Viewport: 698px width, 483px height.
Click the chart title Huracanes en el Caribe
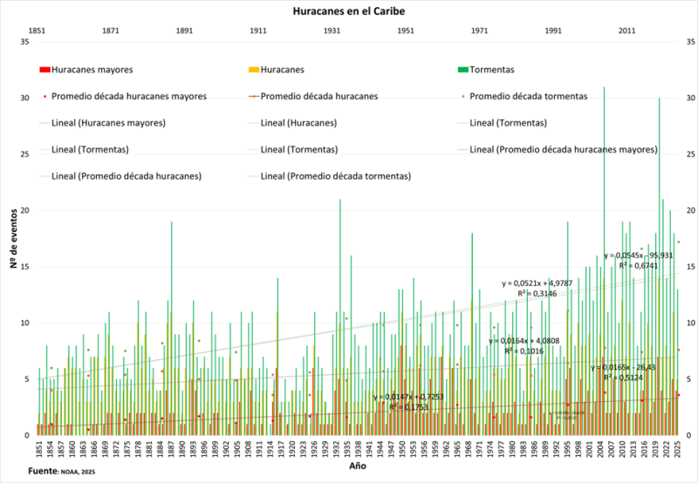point(349,12)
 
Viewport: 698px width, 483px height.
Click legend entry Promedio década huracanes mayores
point(128,96)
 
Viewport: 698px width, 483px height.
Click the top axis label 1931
point(332,31)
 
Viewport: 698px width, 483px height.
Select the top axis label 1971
point(480,31)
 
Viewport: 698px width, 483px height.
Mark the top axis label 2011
point(627,31)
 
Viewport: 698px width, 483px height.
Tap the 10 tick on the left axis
point(24,323)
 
